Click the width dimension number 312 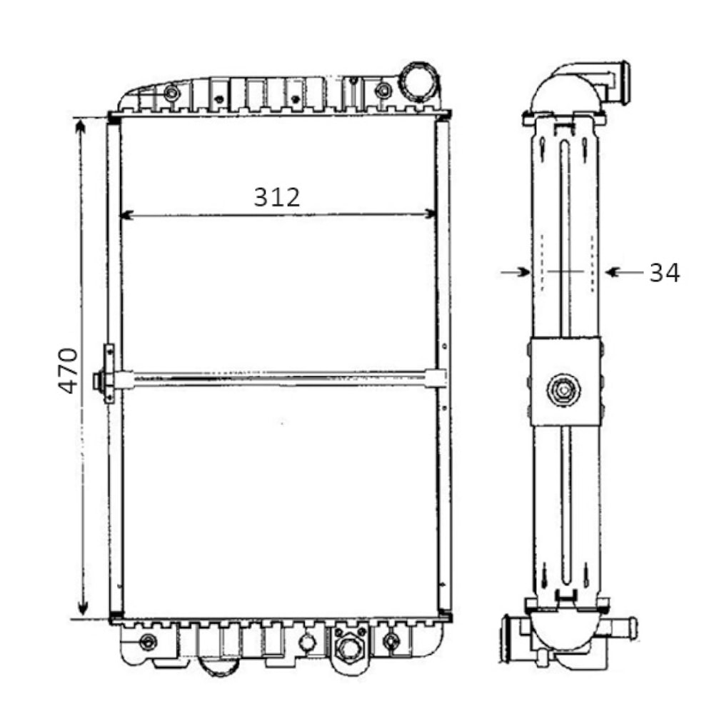point(277,196)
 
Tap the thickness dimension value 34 point(664,272)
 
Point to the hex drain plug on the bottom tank point(348,648)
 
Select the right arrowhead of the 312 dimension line point(430,213)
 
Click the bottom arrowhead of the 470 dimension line point(82,608)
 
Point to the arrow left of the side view point(516,271)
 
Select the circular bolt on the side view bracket point(563,390)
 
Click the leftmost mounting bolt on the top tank point(170,93)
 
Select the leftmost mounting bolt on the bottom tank point(148,641)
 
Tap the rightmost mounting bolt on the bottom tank point(391,640)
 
